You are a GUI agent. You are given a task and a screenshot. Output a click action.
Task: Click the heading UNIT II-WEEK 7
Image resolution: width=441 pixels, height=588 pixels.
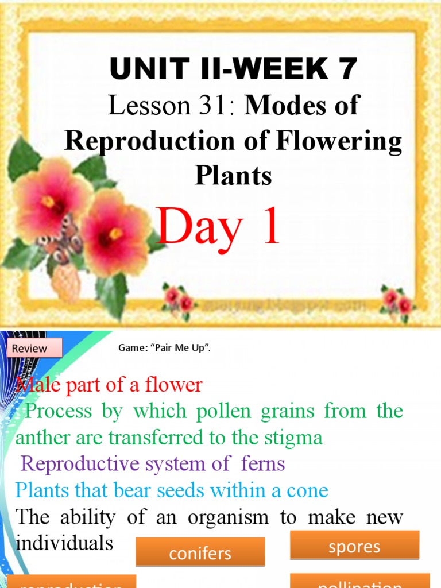[x=233, y=69]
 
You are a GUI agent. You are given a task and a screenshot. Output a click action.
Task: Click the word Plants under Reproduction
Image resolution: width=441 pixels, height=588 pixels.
[x=233, y=175]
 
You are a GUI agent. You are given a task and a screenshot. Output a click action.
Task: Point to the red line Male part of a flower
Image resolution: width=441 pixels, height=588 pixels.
[x=109, y=385]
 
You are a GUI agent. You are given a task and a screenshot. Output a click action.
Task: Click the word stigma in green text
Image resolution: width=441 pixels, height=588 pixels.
[x=296, y=438]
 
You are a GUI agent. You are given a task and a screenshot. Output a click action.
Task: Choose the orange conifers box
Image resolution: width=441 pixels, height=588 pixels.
[x=200, y=552]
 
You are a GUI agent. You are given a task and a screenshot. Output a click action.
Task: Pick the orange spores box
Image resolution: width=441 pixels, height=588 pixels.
[x=354, y=546]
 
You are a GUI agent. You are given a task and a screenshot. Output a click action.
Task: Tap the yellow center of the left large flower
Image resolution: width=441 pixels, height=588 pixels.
[x=48, y=202]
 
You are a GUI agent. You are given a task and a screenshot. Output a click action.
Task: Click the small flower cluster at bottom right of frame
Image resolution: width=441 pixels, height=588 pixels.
[x=397, y=301]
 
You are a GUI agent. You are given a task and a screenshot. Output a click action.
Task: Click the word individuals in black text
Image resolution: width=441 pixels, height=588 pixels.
[x=64, y=543]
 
